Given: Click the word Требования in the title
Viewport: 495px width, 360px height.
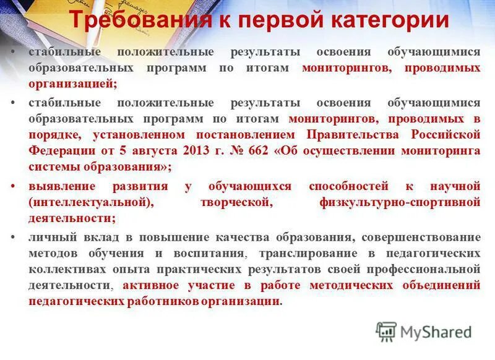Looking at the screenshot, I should (x=140, y=20).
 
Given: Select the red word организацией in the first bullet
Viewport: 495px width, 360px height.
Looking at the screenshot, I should (x=72, y=84).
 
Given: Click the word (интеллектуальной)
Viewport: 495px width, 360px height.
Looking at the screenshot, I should (x=89, y=202).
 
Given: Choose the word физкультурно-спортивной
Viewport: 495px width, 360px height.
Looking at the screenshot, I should (x=400, y=202).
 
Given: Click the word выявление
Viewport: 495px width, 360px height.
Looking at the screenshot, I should (x=61, y=186).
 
